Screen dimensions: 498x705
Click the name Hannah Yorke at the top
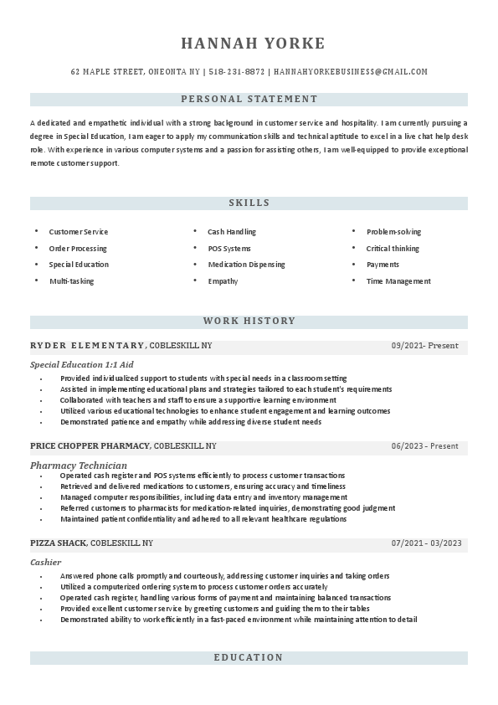click(x=252, y=44)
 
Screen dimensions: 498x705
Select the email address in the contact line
click(x=351, y=72)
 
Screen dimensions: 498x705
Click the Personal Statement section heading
click(x=249, y=99)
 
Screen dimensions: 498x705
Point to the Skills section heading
click(x=249, y=203)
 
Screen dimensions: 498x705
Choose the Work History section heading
click(x=249, y=321)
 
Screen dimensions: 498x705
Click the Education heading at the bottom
click(x=249, y=658)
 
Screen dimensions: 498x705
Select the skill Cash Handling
click(x=232, y=232)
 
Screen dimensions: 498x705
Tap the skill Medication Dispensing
click(x=246, y=265)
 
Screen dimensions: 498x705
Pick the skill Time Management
click(x=398, y=281)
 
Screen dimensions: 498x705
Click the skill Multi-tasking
click(x=71, y=281)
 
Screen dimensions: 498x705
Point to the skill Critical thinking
click(x=393, y=249)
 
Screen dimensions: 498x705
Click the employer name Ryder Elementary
click(x=87, y=346)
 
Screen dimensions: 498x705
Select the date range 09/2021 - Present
click(x=424, y=346)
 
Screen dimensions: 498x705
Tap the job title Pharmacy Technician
click(x=79, y=465)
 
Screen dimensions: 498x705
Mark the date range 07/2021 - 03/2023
click(x=426, y=543)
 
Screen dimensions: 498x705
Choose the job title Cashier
click(x=45, y=563)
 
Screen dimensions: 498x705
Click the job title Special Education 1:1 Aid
click(x=82, y=365)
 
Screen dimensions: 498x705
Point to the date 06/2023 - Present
click(x=424, y=446)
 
